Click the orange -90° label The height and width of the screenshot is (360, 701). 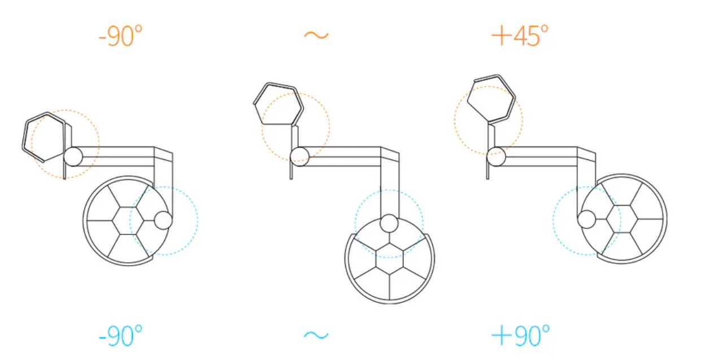click(x=121, y=36)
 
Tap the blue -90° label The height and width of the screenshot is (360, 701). click(x=121, y=336)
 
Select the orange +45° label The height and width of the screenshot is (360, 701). click(x=520, y=36)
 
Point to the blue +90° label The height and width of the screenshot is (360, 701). click(x=520, y=336)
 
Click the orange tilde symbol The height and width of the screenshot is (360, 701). click(x=316, y=35)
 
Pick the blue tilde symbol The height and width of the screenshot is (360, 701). click(x=316, y=335)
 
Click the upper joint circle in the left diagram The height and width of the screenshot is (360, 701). click(x=73, y=157)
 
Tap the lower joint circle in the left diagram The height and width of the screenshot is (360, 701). click(x=163, y=220)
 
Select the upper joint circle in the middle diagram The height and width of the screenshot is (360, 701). click(x=299, y=157)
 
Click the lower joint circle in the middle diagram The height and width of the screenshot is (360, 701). click(x=389, y=223)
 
